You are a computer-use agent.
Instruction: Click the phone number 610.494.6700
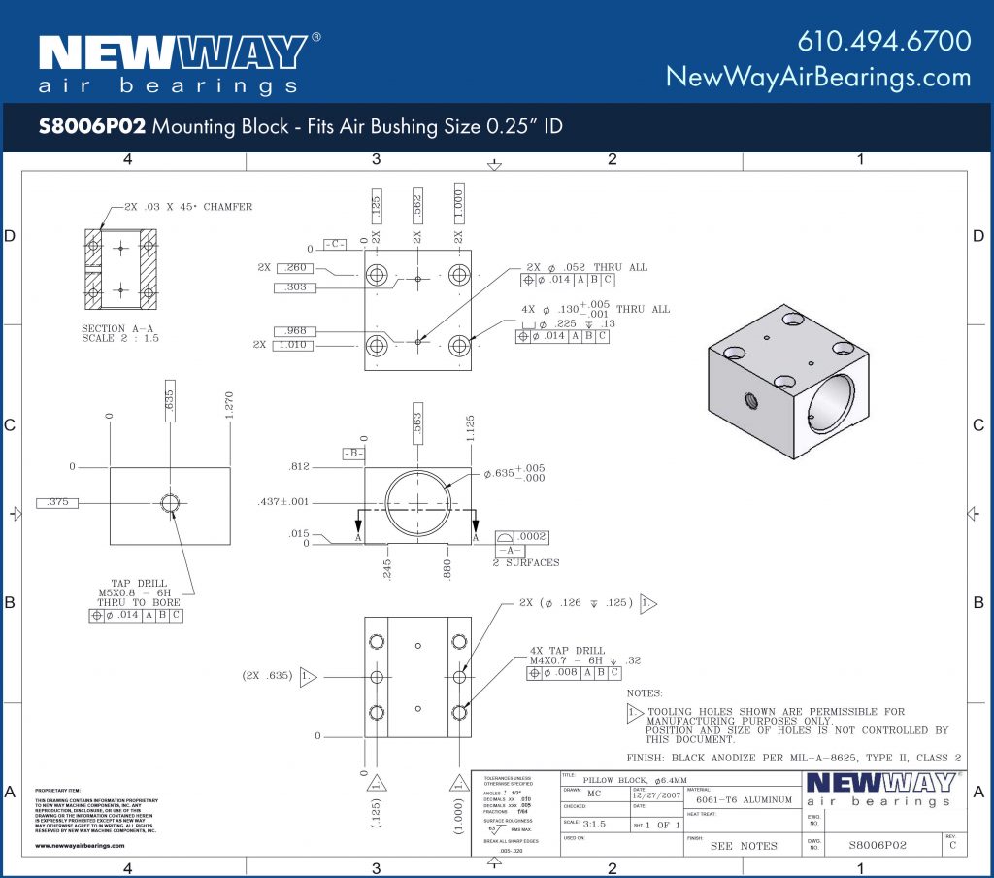click(x=883, y=41)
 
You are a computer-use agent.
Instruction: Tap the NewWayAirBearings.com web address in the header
click(x=817, y=77)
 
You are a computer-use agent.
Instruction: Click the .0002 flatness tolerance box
click(x=531, y=536)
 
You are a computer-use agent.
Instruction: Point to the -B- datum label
click(x=354, y=453)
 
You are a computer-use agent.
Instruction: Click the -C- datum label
click(x=336, y=244)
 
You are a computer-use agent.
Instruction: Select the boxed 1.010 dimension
click(x=293, y=345)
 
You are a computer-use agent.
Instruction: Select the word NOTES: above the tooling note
click(x=646, y=693)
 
